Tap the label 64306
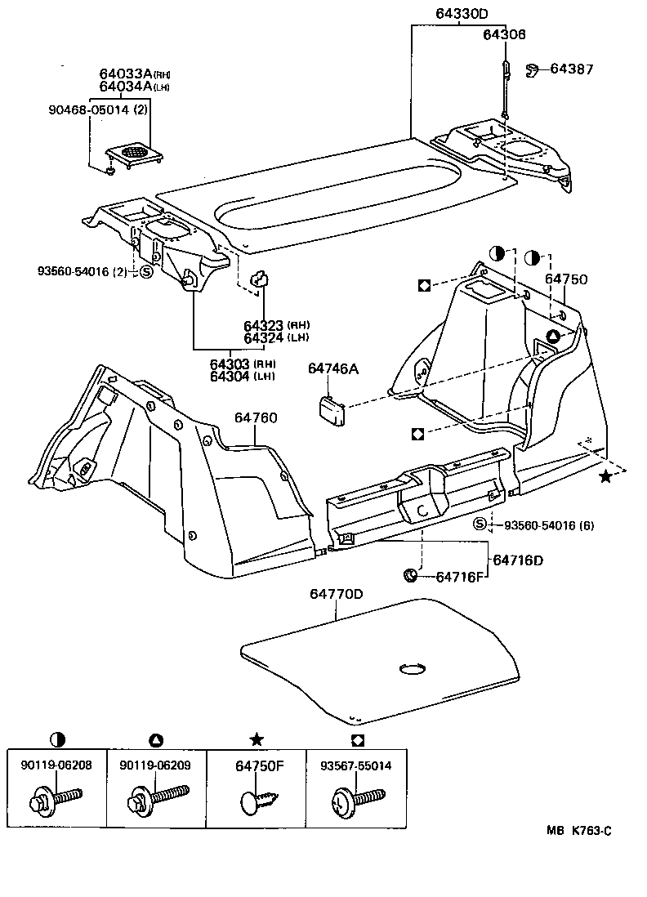[504, 34]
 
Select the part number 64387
[572, 69]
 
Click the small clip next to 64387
[530, 70]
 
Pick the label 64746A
[333, 369]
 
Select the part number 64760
[256, 418]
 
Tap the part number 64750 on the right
[566, 279]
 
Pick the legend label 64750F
[256, 765]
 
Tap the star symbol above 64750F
[256, 739]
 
